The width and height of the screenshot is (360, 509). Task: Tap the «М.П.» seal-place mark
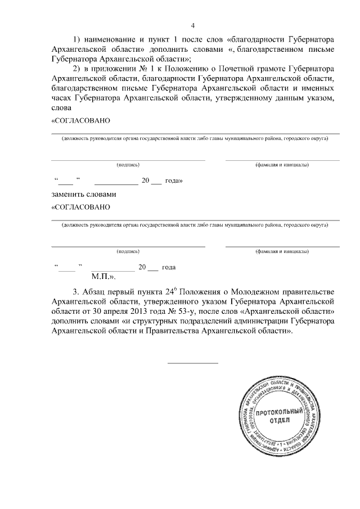[103, 276]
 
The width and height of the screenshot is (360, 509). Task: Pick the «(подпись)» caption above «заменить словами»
[128, 165]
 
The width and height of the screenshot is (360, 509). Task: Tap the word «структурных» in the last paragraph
[151, 321]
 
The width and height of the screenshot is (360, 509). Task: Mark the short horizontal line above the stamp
[193, 363]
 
